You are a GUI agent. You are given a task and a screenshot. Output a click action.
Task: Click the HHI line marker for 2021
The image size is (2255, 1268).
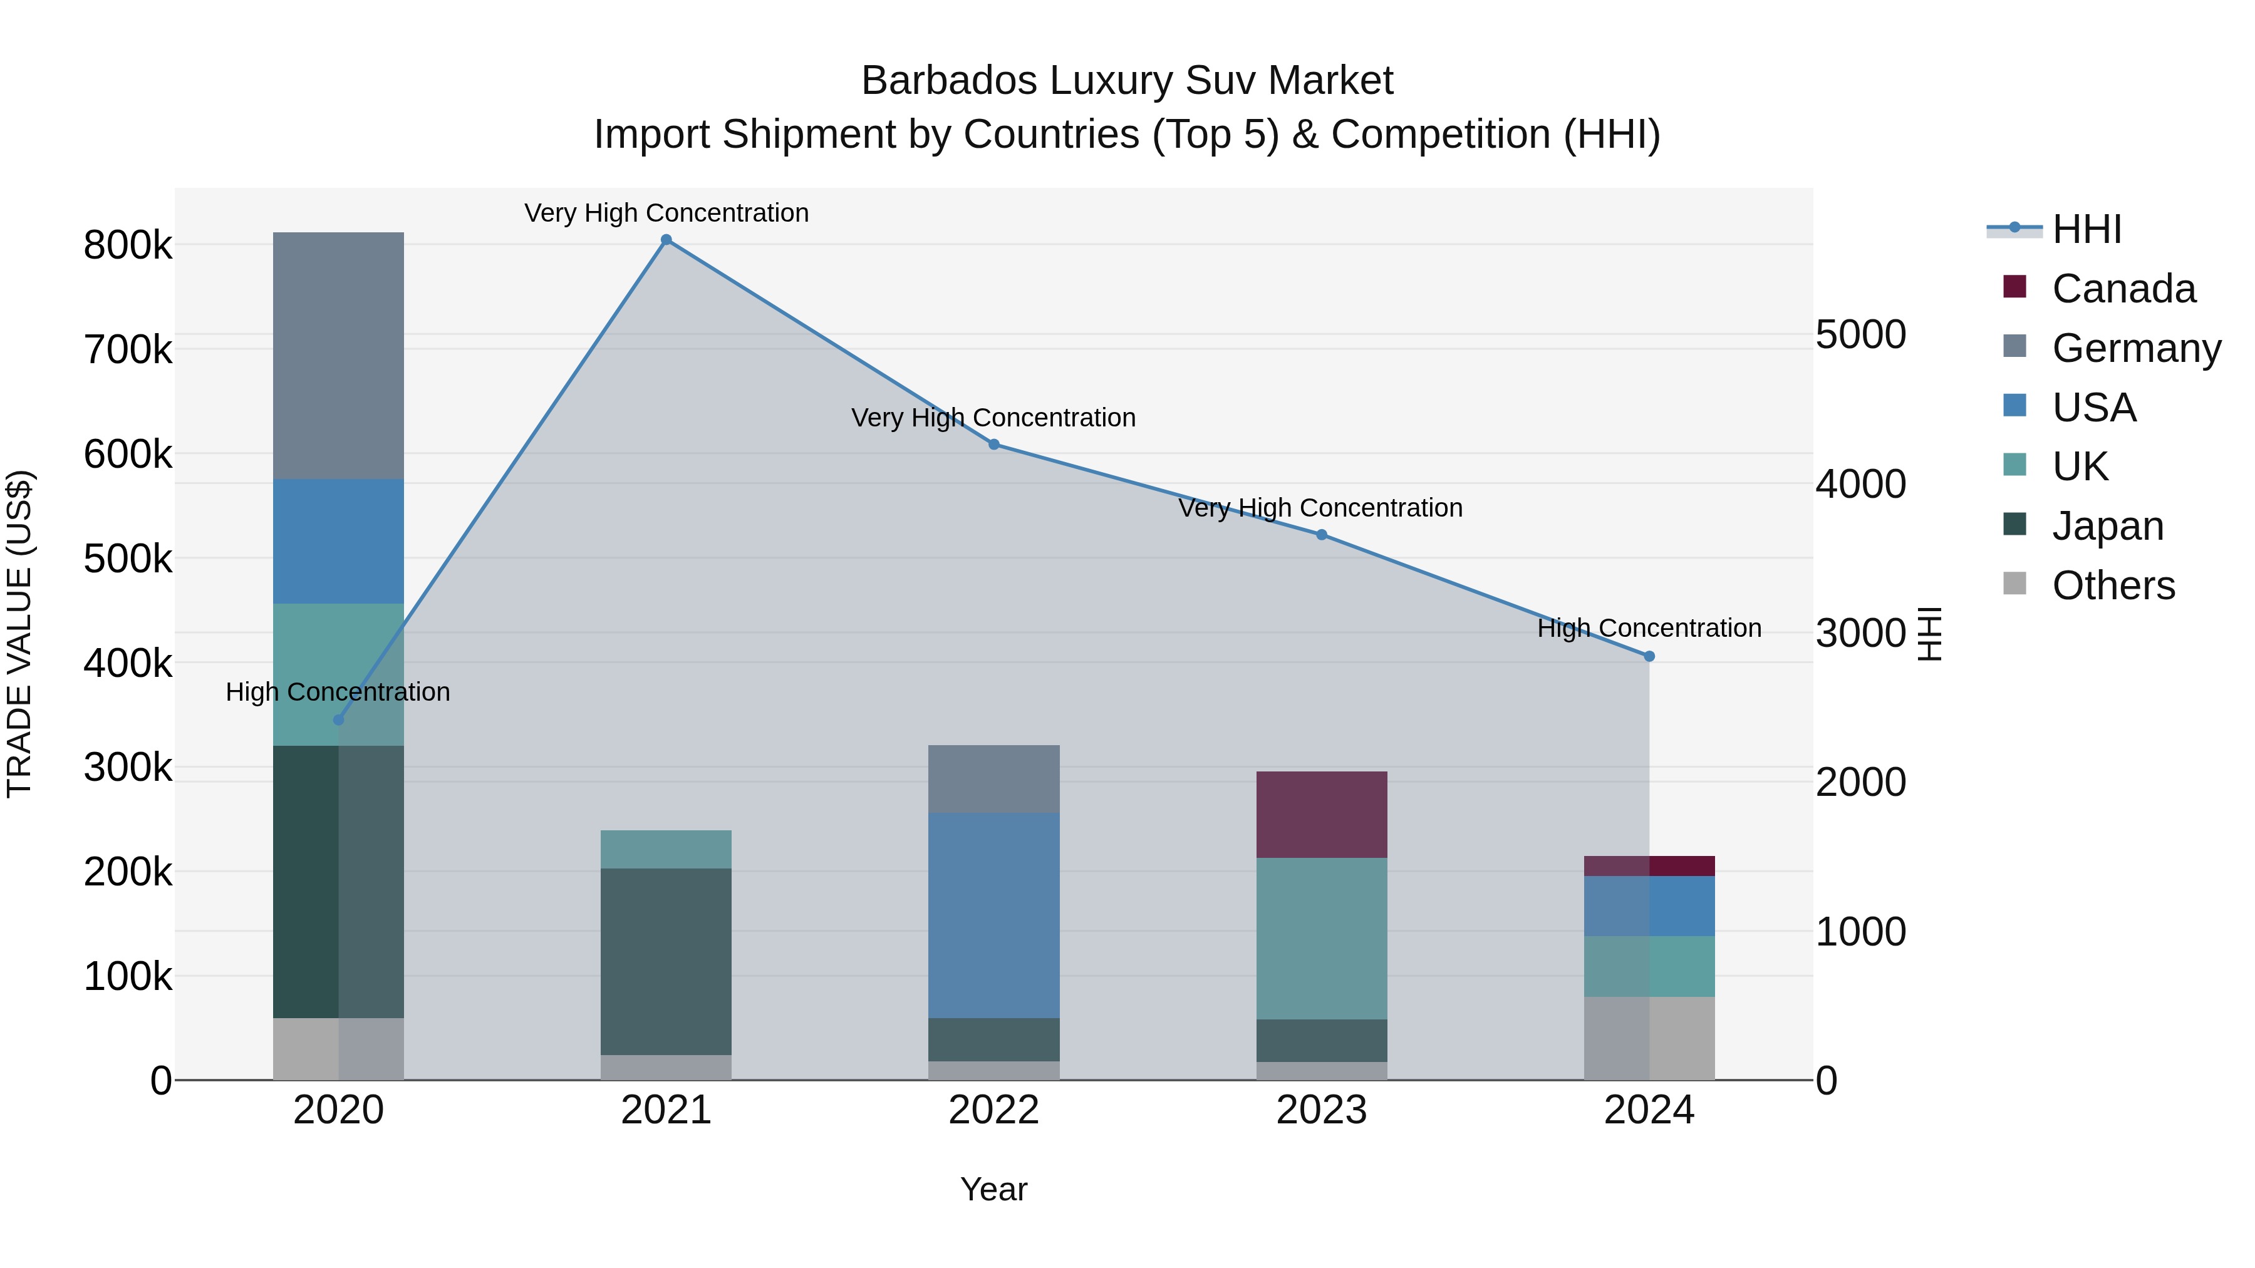point(666,240)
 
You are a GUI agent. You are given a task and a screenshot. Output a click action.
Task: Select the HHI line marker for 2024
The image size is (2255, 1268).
point(1649,656)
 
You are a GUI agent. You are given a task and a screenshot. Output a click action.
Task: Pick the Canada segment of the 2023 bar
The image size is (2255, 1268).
point(1321,814)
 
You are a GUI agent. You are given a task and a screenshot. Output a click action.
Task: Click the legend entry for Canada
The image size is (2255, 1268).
point(2123,289)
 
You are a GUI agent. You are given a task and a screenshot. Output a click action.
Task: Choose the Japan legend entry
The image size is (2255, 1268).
point(2107,526)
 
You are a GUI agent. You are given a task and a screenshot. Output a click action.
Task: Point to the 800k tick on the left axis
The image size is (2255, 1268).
point(128,245)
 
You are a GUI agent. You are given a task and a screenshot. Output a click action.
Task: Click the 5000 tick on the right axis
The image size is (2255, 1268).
point(1860,334)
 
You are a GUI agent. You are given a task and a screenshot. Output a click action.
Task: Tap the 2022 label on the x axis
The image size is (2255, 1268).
point(993,1110)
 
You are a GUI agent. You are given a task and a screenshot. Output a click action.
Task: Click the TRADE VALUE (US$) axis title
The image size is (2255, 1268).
point(19,634)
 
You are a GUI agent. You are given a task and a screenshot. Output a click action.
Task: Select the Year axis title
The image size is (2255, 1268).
point(993,1189)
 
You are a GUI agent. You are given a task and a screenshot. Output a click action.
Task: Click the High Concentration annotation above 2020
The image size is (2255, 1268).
point(338,692)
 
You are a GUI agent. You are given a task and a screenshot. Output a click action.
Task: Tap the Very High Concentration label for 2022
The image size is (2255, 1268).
point(993,418)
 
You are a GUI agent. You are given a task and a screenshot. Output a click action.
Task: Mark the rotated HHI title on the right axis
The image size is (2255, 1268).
point(1929,634)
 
